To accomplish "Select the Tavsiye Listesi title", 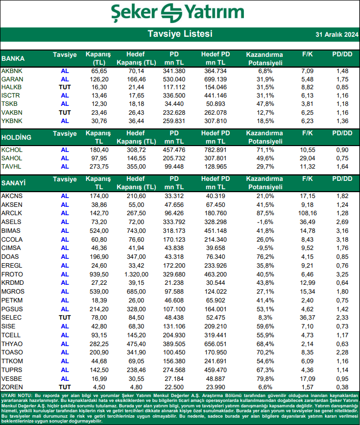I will point(180,34).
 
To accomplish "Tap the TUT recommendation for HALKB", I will point(65,87).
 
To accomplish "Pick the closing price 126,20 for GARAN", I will point(99,79).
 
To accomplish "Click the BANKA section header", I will point(13,58).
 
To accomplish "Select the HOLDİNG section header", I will point(17,137).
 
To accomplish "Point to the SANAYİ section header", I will point(14,183).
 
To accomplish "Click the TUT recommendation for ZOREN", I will point(65,387).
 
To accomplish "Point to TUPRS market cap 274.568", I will point(175,369).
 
